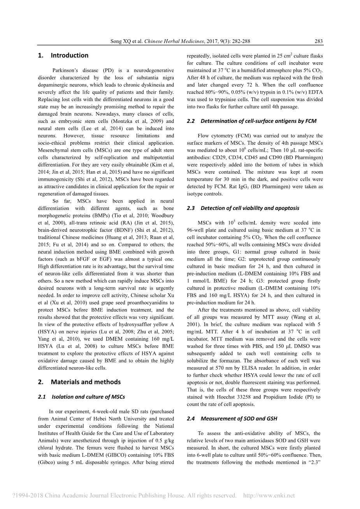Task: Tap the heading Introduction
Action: (x=69, y=55)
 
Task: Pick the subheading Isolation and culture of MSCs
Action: (x=88, y=397)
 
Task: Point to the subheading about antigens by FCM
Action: (x=258, y=121)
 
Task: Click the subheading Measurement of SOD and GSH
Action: (x=239, y=419)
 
